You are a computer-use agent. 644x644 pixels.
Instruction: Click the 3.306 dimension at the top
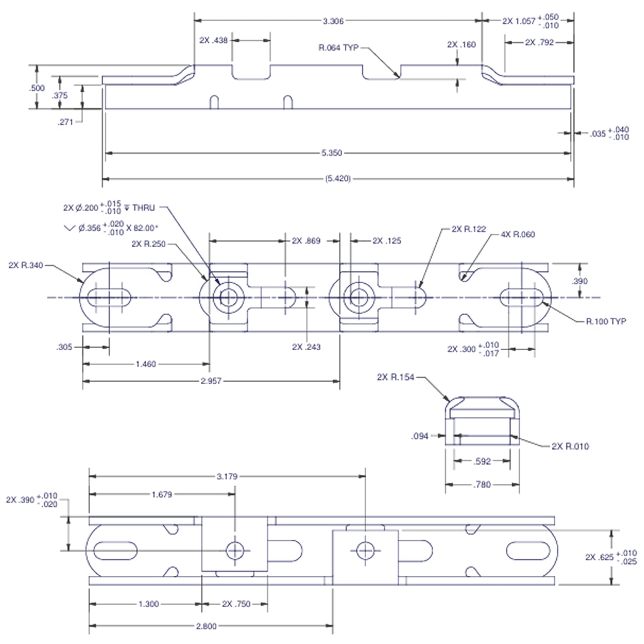point(333,21)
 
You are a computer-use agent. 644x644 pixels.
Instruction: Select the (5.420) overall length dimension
point(338,179)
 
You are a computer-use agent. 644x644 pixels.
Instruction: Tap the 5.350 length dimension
point(331,153)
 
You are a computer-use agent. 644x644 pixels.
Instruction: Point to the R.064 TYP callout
point(338,48)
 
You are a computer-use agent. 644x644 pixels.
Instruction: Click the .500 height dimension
point(37,88)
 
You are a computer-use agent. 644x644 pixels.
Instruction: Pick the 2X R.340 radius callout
point(26,265)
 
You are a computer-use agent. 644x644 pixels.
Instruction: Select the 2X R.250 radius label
point(148,244)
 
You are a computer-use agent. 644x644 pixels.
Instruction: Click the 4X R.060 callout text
point(518,234)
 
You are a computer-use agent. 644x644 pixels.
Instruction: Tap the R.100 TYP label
point(606,321)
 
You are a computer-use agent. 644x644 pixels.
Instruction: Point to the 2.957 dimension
point(211,381)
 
